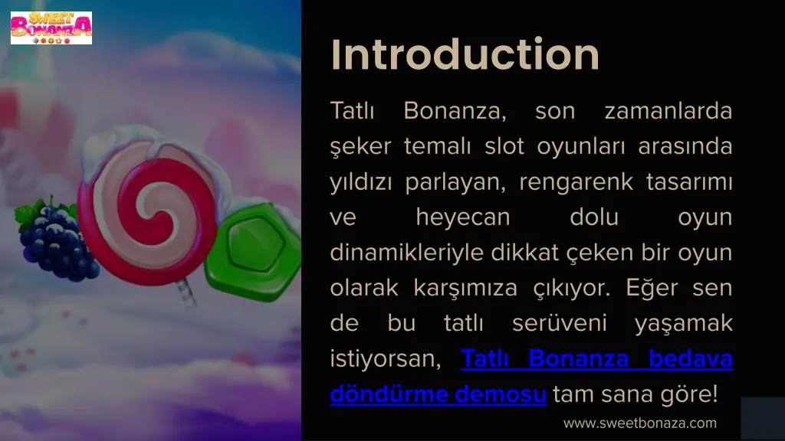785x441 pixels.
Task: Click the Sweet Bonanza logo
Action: pyautogui.click(x=51, y=28)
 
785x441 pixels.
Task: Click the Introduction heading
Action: pyautogui.click(x=465, y=55)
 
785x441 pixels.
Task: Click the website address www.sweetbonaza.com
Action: pyautogui.click(x=639, y=423)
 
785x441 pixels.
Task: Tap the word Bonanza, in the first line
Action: pyautogui.click(x=455, y=112)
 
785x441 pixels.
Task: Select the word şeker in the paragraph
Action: pyautogui.click(x=360, y=147)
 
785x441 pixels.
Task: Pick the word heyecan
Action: pyautogui.click(x=462, y=217)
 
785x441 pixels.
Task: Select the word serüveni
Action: pyautogui.click(x=559, y=324)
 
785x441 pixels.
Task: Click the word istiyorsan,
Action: pyautogui.click(x=385, y=359)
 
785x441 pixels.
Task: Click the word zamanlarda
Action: pyautogui.click(x=668, y=112)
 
